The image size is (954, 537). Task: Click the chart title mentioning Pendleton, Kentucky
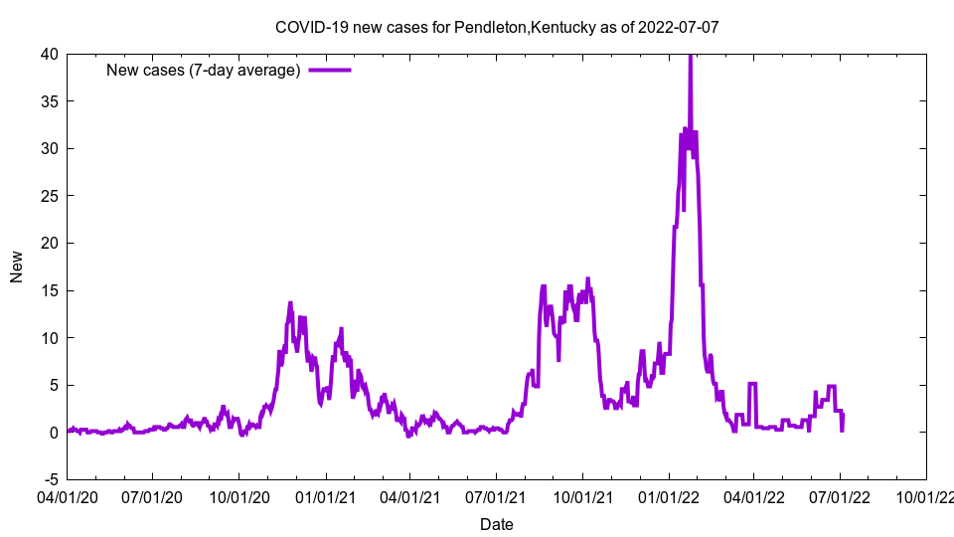click(x=496, y=27)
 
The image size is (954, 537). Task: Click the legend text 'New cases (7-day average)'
click(x=203, y=70)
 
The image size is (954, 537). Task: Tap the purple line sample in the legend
click(x=330, y=70)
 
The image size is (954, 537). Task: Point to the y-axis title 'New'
click(x=17, y=267)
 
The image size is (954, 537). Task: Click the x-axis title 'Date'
click(x=496, y=524)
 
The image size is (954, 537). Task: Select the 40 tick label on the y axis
click(x=49, y=54)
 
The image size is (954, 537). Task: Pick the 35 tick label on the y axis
click(x=49, y=101)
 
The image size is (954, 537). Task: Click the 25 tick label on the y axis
click(x=49, y=196)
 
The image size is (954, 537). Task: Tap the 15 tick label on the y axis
click(x=49, y=290)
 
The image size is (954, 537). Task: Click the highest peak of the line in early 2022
click(x=690, y=57)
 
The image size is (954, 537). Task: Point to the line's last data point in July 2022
click(x=843, y=430)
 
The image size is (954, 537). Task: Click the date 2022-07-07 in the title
click(x=680, y=27)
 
